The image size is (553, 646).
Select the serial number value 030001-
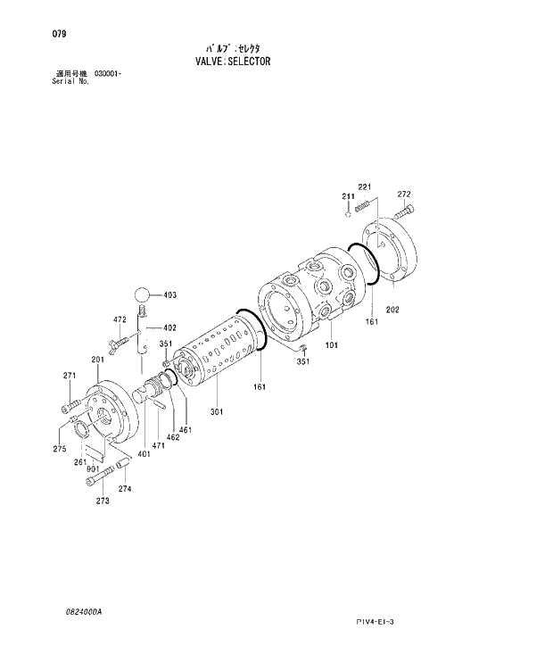(x=107, y=73)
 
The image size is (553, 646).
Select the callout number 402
(x=169, y=327)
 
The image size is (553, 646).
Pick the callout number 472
(x=119, y=319)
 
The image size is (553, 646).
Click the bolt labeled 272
(x=399, y=212)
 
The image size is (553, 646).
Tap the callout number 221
(x=364, y=186)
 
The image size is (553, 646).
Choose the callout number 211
(x=347, y=196)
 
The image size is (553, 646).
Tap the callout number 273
(x=103, y=501)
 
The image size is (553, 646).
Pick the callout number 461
(x=186, y=430)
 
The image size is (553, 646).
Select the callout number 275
(x=59, y=448)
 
